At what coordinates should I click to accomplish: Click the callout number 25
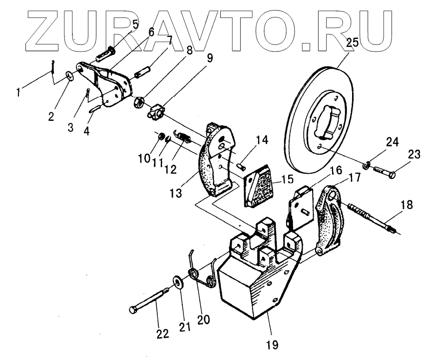[353, 42]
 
